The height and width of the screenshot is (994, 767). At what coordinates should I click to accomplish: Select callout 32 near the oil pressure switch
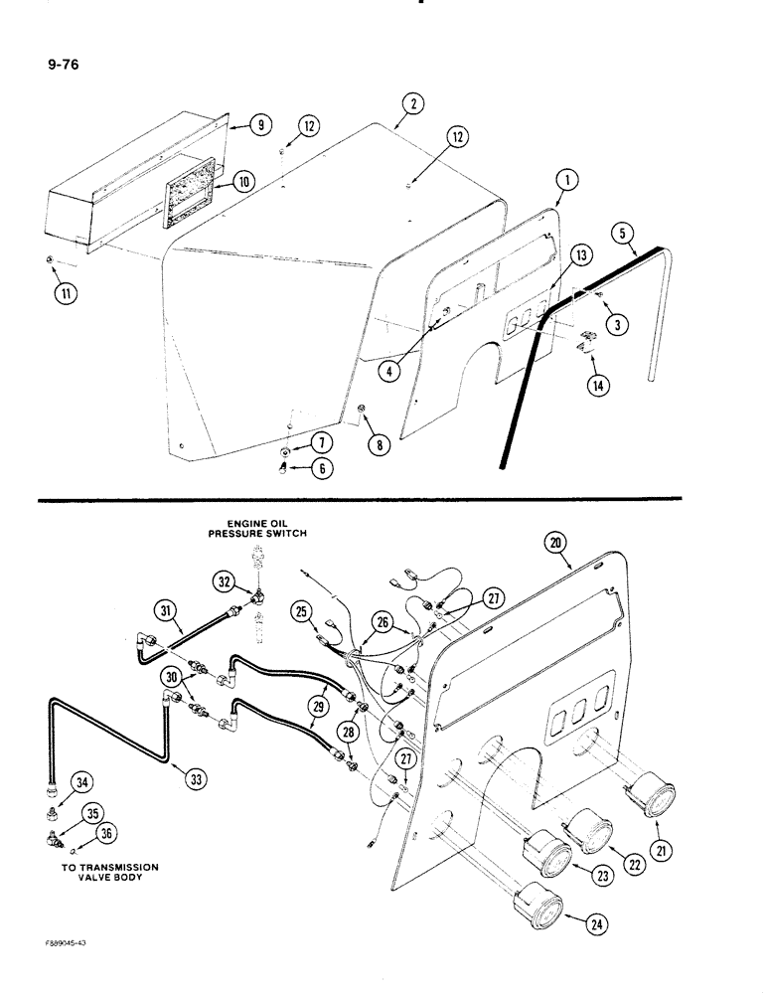pos(224,580)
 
